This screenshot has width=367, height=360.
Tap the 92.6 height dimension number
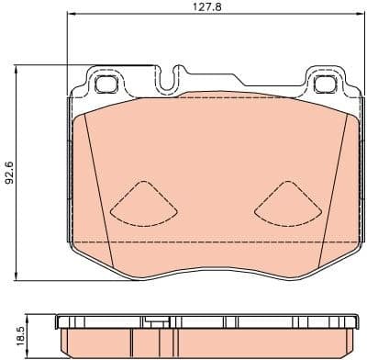coord(10,170)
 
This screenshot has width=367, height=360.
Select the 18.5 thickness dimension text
coord(10,330)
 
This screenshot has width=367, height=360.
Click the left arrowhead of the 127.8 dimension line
coord(71,17)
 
